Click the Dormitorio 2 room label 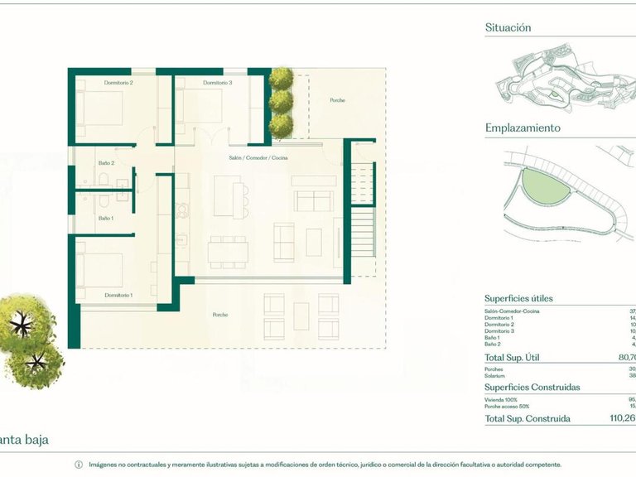point(118,83)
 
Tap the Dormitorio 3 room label point(217,83)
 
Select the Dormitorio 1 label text point(118,295)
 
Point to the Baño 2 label point(106,163)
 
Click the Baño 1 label point(106,218)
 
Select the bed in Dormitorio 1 point(99,269)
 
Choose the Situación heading point(508,28)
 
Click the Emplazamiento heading point(523,128)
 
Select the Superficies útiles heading point(518,299)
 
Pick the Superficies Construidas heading point(532,387)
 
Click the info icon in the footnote point(79,465)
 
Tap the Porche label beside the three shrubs point(337,100)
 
